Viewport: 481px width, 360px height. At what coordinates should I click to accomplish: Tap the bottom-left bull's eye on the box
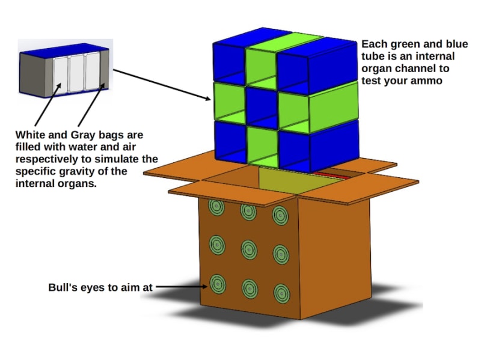click(218, 284)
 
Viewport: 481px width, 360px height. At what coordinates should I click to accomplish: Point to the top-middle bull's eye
click(248, 210)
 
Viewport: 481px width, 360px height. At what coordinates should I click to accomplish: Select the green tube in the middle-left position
click(229, 100)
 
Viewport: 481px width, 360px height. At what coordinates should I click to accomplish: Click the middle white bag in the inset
click(77, 73)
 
